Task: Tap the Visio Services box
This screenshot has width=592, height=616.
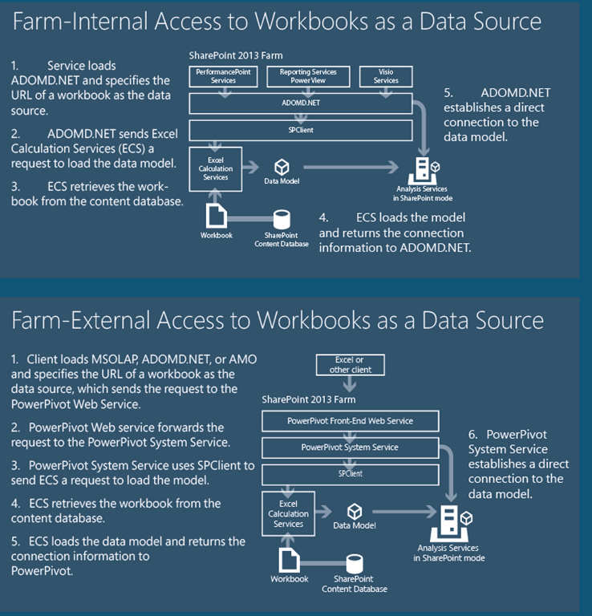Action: click(x=386, y=76)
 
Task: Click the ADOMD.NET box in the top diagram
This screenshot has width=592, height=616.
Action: click(x=300, y=103)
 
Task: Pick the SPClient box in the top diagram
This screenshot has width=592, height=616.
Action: click(x=300, y=130)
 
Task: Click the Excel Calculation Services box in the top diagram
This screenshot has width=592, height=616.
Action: click(x=215, y=168)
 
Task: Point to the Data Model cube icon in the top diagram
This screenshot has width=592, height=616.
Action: click(x=282, y=167)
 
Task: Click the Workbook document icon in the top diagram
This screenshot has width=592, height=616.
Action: click(x=217, y=214)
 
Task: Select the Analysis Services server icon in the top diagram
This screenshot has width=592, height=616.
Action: click(x=421, y=170)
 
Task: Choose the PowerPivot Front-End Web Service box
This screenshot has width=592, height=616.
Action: click(x=351, y=420)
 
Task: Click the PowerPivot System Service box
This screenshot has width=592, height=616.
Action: click(x=350, y=448)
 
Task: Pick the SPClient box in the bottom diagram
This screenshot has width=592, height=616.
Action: click(x=350, y=474)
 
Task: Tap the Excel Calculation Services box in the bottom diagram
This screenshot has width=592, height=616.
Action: click(x=289, y=513)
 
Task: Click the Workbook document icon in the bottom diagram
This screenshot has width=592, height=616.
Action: click(x=289, y=558)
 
